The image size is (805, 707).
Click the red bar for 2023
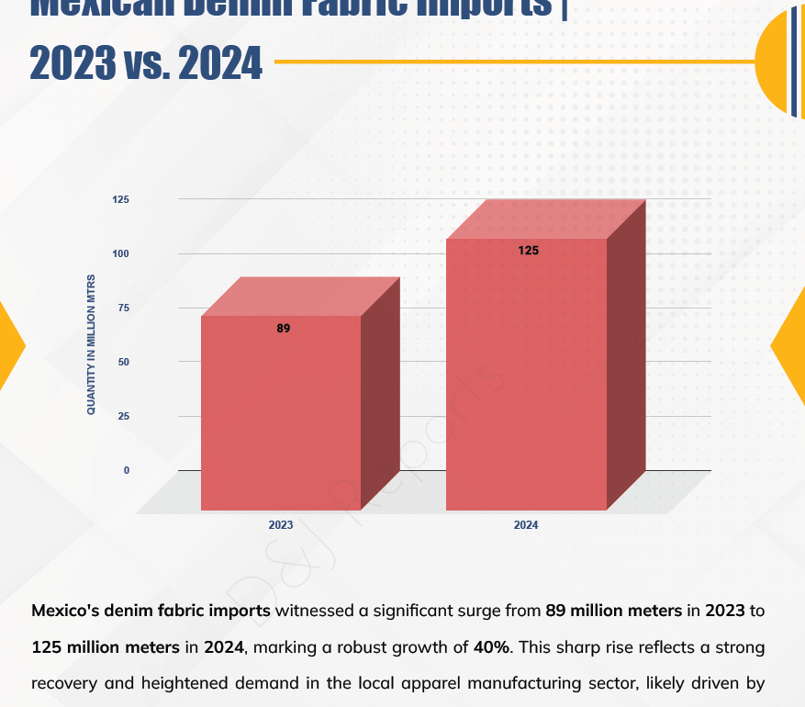pyautogui.click(x=281, y=413)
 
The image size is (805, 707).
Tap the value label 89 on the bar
pyautogui.click(x=283, y=328)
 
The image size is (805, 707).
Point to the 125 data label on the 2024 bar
pyautogui.click(x=528, y=250)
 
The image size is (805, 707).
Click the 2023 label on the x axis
pyautogui.click(x=281, y=525)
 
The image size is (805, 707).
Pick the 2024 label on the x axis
pyautogui.click(x=526, y=525)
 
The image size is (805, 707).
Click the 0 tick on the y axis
pyautogui.click(x=127, y=470)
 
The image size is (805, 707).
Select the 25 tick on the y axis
pyautogui.click(x=123, y=416)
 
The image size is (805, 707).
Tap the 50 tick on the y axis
pyautogui.click(x=123, y=362)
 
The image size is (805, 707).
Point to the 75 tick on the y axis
pyautogui.click(x=123, y=308)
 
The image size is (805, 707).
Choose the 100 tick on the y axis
pyautogui.click(x=121, y=253)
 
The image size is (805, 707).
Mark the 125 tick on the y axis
pyautogui.click(x=121, y=199)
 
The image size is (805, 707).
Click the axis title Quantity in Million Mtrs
pyautogui.click(x=91, y=343)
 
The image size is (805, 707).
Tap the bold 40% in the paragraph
pyautogui.click(x=491, y=646)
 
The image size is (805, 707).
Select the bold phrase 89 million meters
pyautogui.click(x=613, y=610)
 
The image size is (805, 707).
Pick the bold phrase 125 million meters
pyautogui.click(x=106, y=646)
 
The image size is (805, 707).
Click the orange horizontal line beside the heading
pyautogui.click(x=514, y=62)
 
